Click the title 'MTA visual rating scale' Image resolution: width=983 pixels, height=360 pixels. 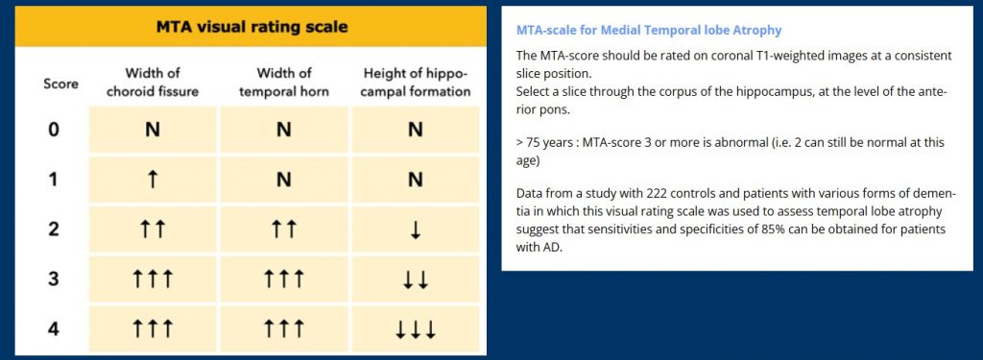point(252,27)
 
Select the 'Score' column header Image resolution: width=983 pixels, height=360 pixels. point(61,84)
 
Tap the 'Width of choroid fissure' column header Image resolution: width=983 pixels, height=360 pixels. point(153,83)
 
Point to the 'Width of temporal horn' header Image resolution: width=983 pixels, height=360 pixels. point(284,83)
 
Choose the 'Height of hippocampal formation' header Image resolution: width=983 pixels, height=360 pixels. point(416,83)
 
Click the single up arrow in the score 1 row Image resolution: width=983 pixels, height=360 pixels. point(153,180)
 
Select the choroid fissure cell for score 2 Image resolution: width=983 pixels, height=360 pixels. point(153,229)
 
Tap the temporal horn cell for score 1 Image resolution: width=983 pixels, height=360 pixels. point(284,180)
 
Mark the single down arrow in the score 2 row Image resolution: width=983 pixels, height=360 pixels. point(416,229)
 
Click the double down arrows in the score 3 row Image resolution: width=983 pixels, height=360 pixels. point(416,279)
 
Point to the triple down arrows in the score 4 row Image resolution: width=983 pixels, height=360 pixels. point(416,329)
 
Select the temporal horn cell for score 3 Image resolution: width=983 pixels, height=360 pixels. point(284,279)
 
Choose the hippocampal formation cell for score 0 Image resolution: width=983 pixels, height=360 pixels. point(416,130)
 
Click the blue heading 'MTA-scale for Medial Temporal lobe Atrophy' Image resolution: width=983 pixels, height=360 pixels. point(649,31)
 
